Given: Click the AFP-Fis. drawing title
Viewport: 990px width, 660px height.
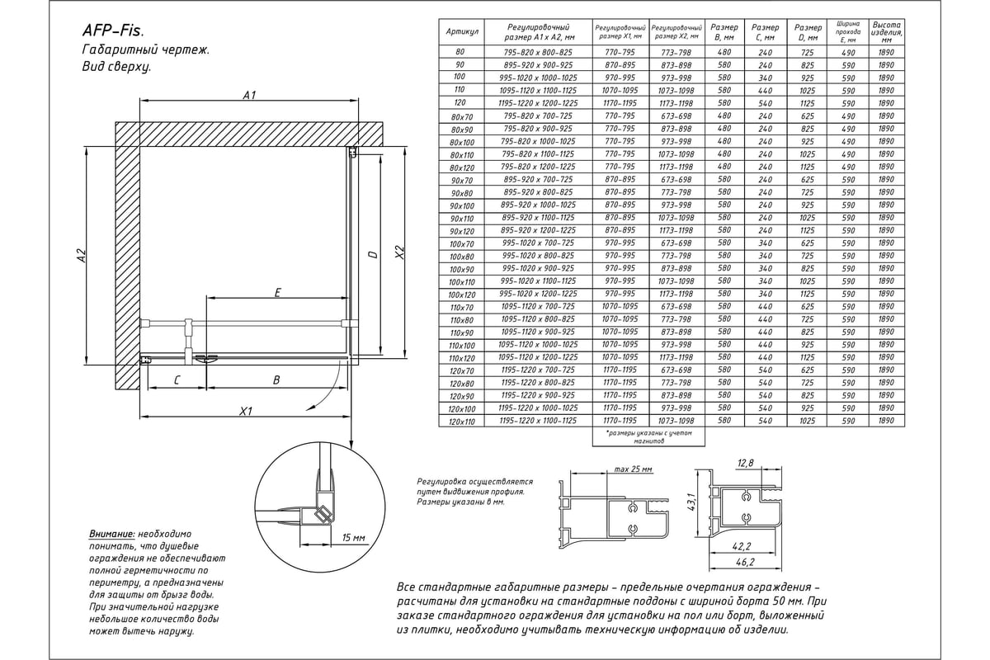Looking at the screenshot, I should coord(113,31).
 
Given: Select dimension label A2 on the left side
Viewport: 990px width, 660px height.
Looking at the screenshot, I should coord(82,257).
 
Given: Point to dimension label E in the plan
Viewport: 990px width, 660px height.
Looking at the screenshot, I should coord(277,292).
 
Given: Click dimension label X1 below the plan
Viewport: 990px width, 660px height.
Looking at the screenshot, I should coord(245,411).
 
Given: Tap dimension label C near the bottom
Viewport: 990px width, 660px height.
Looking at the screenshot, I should coord(177,379).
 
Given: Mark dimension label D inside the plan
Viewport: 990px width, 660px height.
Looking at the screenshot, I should coord(373,255).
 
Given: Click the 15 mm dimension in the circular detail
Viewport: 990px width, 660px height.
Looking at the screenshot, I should coord(352,538).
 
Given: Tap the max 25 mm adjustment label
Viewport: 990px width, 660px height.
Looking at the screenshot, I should coord(633,469).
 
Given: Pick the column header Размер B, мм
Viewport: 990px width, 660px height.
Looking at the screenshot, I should coord(724,31).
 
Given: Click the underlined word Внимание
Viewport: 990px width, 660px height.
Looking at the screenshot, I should coord(111,535).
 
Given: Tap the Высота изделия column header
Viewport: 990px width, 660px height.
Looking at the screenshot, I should coord(886,31).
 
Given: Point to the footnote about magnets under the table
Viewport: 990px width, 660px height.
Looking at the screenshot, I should coord(649,436).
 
